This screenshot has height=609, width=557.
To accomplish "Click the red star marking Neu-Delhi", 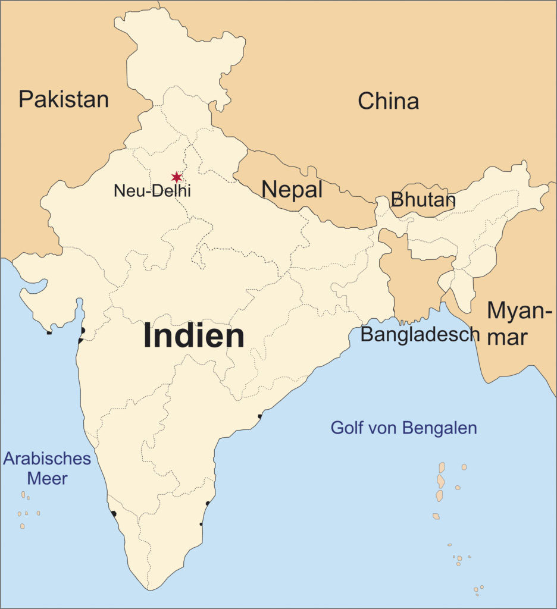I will pyautogui.click(x=176, y=177).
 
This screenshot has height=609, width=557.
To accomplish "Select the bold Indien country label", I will pyautogui.click(x=194, y=336).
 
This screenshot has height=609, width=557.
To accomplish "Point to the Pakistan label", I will pyautogui.click(x=64, y=99).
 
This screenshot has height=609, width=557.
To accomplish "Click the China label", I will pyautogui.click(x=388, y=102).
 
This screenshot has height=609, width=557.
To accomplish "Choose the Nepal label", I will pyautogui.click(x=292, y=190).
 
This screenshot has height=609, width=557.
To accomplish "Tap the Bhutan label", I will pyautogui.click(x=423, y=200).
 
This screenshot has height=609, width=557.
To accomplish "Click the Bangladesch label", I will pyautogui.click(x=420, y=334).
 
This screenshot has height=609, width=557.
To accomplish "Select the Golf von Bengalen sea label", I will pyautogui.click(x=403, y=428).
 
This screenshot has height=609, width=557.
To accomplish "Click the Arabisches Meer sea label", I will pyautogui.click(x=47, y=468).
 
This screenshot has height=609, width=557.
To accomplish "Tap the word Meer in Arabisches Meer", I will pyautogui.click(x=47, y=478).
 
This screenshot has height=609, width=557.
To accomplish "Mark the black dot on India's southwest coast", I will pyautogui.click(x=113, y=513).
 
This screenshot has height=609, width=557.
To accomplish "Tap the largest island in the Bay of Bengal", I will pyautogui.click(x=441, y=481).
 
